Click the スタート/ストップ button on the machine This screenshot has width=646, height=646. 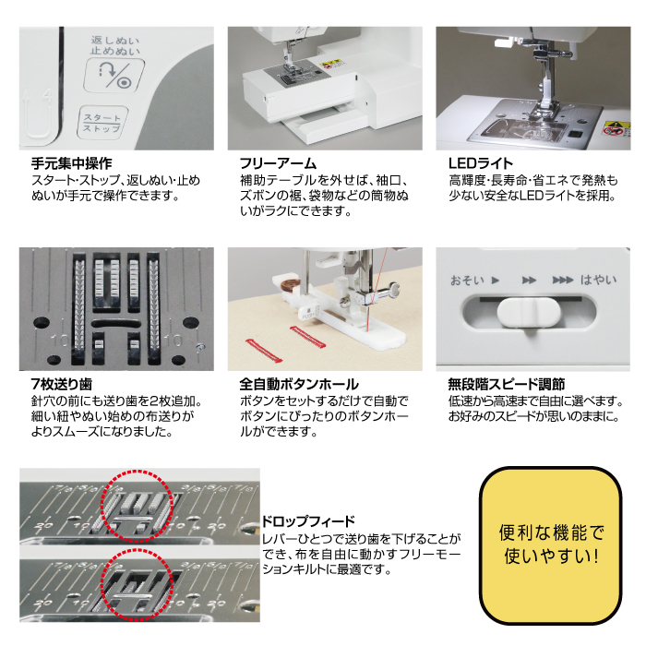click(102, 123)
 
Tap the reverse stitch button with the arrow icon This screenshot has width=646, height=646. click(114, 75)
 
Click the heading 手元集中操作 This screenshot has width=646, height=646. click(72, 163)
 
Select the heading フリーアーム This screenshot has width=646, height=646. click(278, 163)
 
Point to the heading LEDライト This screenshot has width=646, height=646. click(481, 163)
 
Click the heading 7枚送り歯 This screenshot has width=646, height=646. click(62, 384)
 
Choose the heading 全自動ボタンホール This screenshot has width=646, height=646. click(299, 384)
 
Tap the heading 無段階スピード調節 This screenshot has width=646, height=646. click(507, 384)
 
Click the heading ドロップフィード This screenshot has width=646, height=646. click(308, 521)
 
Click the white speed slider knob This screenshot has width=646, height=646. click(529, 312)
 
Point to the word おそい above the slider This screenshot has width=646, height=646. click(467, 281)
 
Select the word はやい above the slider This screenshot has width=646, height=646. click(599, 281)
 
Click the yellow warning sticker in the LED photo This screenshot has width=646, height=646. click(616, 128)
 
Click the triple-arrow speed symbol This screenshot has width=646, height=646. click(563, 281)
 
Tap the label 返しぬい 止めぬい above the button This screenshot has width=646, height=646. click(115, 46)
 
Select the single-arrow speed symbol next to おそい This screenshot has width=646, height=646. click(496, 281)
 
